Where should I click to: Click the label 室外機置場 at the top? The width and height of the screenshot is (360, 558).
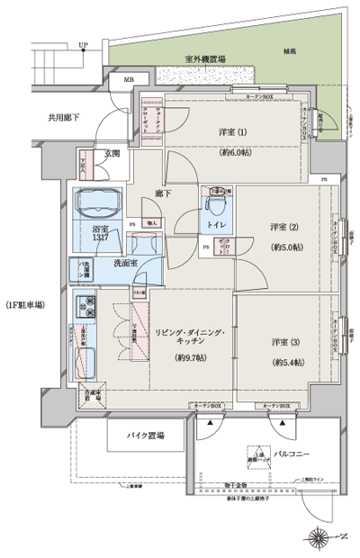[x=205, y=59]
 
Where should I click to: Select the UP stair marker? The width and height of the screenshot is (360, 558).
[x=83, y=44]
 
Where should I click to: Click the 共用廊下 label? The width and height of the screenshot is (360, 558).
[x=39, y=117]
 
